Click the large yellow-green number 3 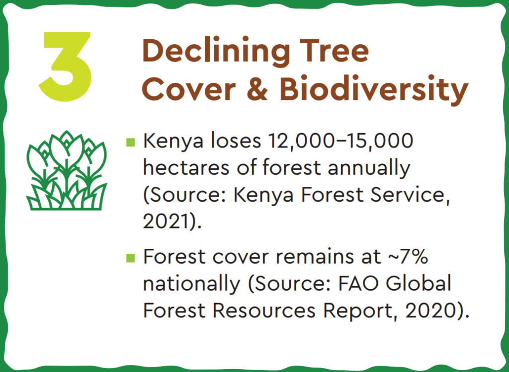point(65,67)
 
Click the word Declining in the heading point(216,51)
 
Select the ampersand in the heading point(257,88)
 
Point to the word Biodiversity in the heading point(374,89)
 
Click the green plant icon point(67,170)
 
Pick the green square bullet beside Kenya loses point(131,142)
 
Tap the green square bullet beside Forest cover point(131,258)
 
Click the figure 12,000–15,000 point(340,142)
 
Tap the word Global point(419,283)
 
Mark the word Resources point(264,311)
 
